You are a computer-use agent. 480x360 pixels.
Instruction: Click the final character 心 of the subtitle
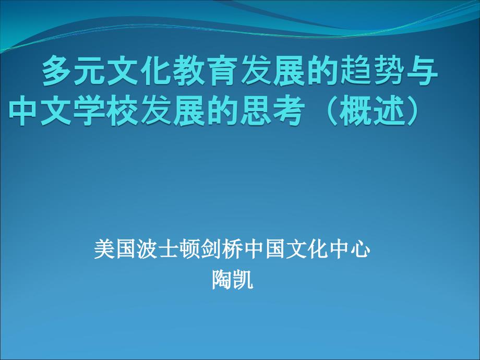(x=361, y=249)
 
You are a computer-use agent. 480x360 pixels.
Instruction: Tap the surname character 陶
(x=221, y=281)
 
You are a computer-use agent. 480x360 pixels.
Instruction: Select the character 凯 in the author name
(x=242, y=281)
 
